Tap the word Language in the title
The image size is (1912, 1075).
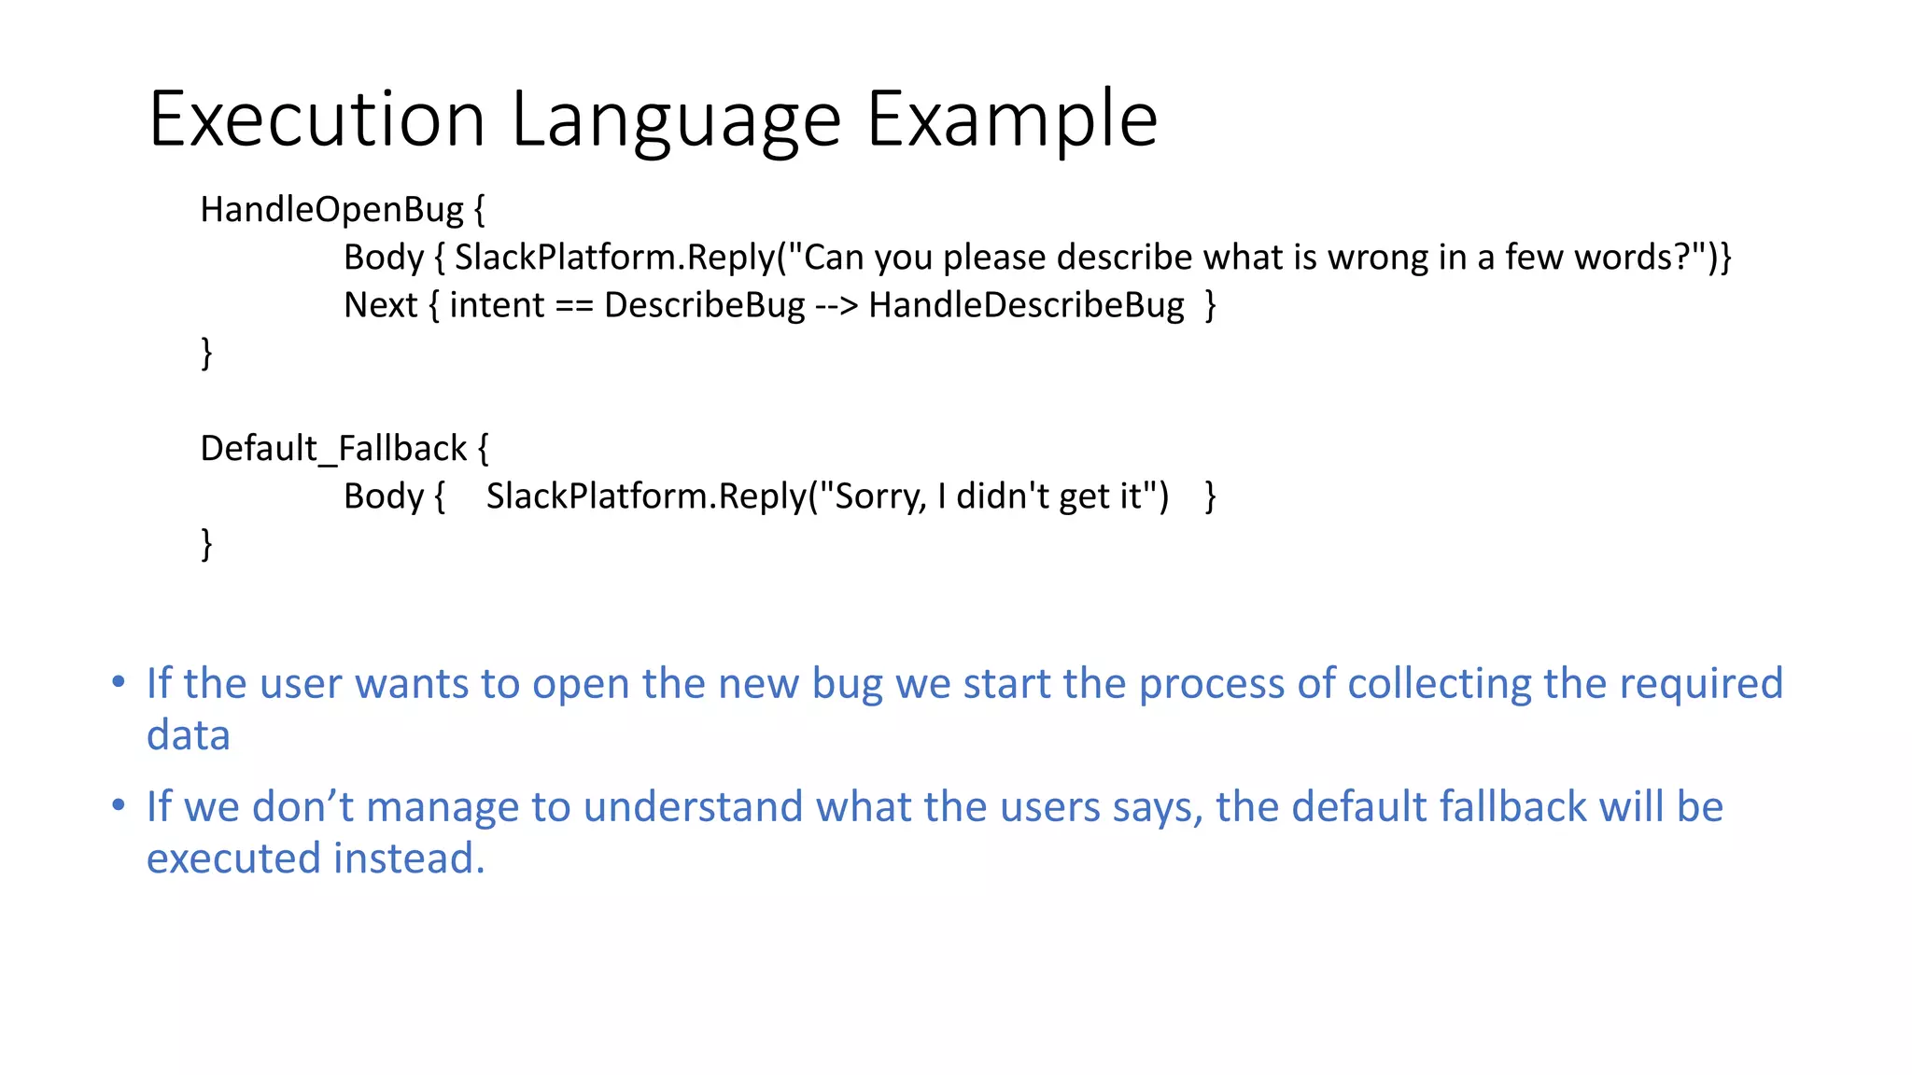point(676,119)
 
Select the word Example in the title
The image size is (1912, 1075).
point(1012,119)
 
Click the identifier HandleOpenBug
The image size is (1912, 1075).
point(331,210)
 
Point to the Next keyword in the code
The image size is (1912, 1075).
point(380,305)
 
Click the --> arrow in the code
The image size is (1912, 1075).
point(836,305)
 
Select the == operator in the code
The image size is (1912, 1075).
point(574,305)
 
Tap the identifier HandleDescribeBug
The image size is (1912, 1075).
point(1026,305)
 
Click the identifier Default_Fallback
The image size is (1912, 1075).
point(333,449)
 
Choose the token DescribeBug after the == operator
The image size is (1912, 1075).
point(704,305)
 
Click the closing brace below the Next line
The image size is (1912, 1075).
point(206,354)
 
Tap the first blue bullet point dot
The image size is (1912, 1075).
point(119,682)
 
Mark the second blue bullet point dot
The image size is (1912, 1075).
point(119,805)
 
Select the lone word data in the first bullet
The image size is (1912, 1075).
point(188,735)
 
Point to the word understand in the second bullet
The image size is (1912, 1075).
point(693,807)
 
